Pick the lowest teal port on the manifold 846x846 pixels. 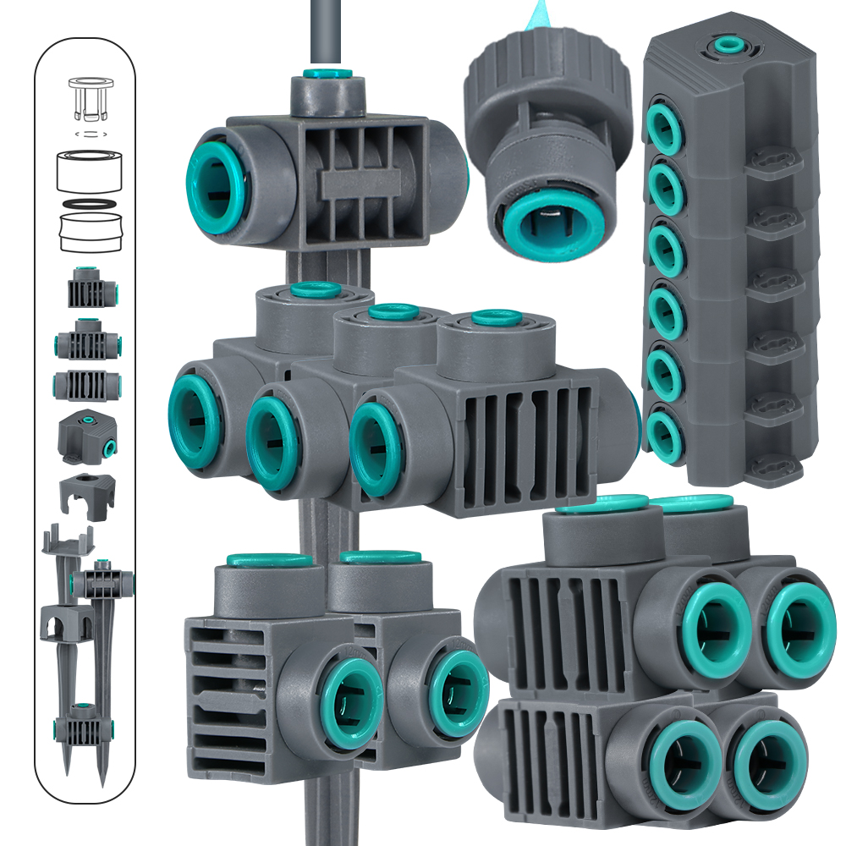point(662,431)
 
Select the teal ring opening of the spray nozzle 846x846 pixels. point(543,221)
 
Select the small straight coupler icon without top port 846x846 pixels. point(85,385)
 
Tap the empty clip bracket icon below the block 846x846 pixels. point(86,495)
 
